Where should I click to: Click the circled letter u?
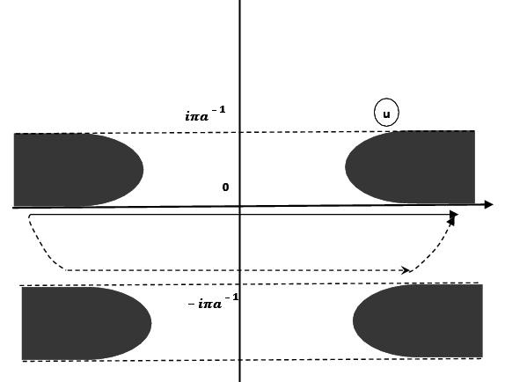point(386,113)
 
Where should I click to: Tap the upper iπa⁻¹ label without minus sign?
point(204,114)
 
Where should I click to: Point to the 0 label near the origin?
point(225,187)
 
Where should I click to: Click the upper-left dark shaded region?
point(70,168)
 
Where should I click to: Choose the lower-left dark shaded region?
point(79,323)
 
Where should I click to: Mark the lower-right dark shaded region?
point(422,321)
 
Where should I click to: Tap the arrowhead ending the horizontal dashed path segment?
point(406,269)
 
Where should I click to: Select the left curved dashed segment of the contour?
point(40,245)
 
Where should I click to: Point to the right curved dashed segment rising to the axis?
point(435,246)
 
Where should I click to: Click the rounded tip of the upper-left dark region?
point(141,168)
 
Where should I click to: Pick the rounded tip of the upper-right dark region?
point(348,166)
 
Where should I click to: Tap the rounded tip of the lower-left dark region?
point(150,323)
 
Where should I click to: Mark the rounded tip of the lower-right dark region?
point(355,321)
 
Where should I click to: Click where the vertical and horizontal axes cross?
point(239,207)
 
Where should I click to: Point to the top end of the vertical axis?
point(239,3)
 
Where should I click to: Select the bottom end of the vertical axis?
point(239,379)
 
